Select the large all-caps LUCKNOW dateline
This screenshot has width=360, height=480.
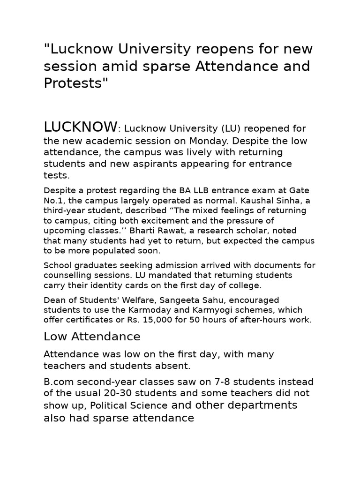(x=80, y=127)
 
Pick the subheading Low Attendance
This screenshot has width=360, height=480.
(x=92, y=337)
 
